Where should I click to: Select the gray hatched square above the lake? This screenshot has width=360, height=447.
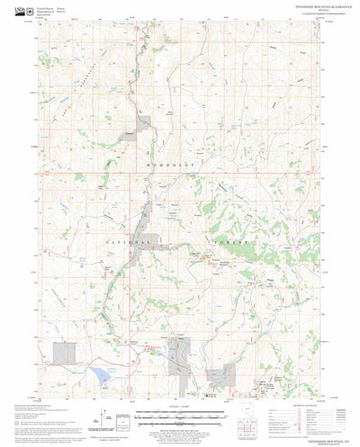pos(62,353)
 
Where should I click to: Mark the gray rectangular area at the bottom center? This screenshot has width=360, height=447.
pos(181,363)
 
